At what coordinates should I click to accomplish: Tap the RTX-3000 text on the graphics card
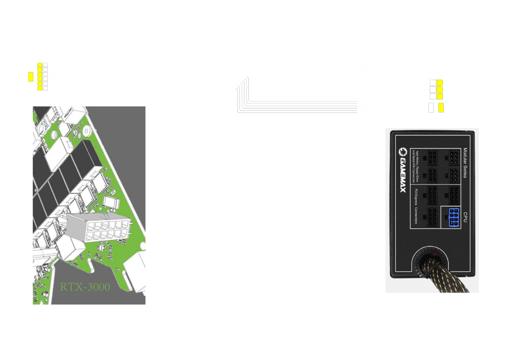[x=85, y=287]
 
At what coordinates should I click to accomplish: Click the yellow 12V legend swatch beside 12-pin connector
[x=31, y=76]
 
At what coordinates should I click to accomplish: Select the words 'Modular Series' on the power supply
[x=465, y=163]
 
